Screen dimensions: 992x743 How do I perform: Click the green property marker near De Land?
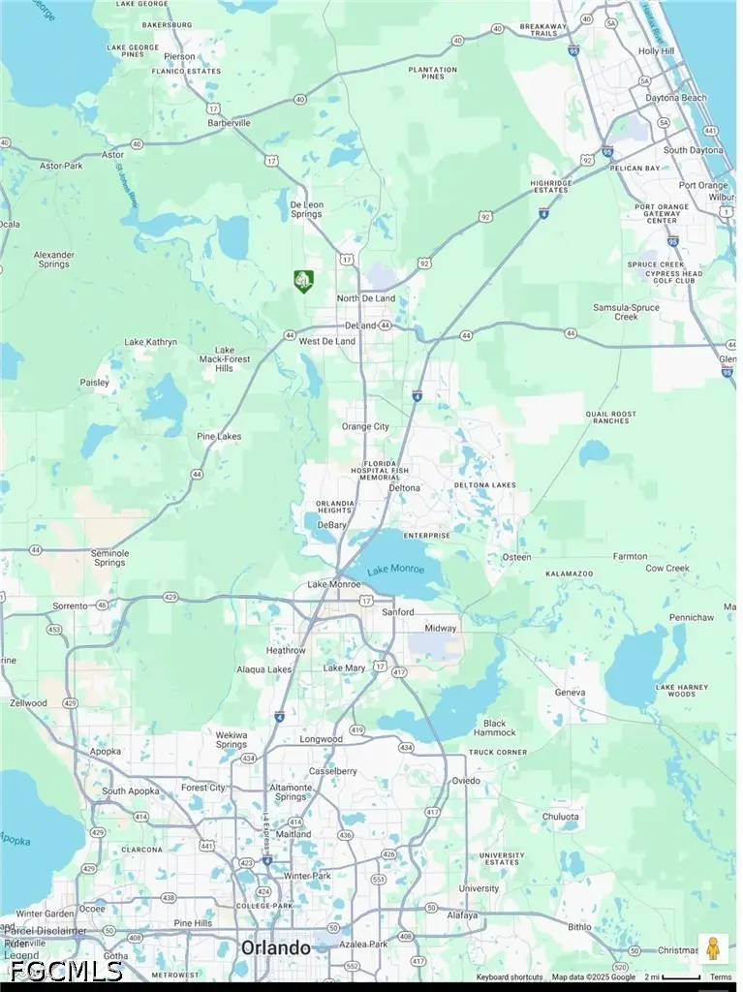[x=303, y=281]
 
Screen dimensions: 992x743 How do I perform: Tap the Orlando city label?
[x=276, y=947]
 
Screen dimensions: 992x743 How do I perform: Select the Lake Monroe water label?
[x=395, y=569]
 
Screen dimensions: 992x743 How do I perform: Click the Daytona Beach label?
[x=677, y=98]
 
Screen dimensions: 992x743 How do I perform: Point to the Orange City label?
[x=365, y=426]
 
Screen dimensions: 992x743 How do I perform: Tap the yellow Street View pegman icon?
[x=713, y=948]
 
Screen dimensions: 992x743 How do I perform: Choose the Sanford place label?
[x=397, y=612]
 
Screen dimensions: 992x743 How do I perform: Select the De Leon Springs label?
[x=306, y=208]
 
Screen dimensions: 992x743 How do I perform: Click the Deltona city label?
[x=405, y=487]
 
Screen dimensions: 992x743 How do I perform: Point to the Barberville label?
[x=229, y=123]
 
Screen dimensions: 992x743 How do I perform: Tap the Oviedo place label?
[x=466, y=780]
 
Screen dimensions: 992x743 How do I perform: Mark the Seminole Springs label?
[x=109, y=558]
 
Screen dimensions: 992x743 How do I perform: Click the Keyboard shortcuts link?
[x=509, y=977]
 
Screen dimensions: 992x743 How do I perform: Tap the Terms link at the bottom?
[x=721, y=977]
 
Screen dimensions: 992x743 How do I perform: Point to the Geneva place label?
[x=570, y=693]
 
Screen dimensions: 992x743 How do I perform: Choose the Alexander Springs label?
[x=53, y=259]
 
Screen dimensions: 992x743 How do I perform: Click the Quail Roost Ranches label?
[x=611, y=418]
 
